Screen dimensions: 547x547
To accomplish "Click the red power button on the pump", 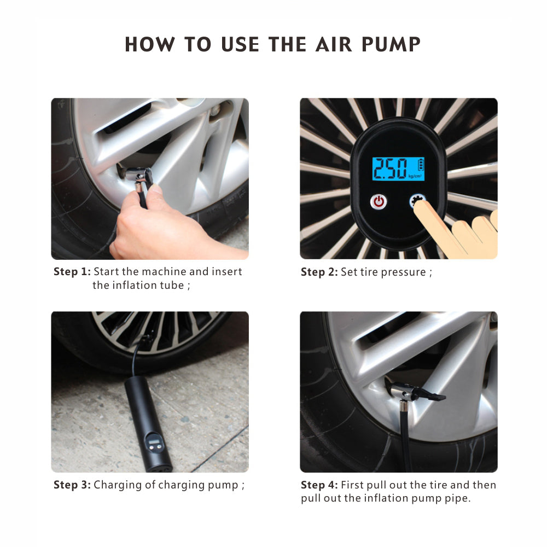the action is tap(379, 202).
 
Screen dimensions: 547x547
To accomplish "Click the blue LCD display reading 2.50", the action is tap(398, 169).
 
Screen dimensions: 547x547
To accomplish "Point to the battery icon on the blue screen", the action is tap(421, 164).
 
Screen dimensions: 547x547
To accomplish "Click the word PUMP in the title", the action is tap(391, 44).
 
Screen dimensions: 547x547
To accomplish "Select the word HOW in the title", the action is tap(150, 44).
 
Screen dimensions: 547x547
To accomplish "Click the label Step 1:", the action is tap(72, 271).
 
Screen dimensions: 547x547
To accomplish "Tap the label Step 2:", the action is tap(319, 272).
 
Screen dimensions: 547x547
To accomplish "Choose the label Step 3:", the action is tap(72, 485).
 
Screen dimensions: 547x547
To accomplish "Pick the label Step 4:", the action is tap(319, 485).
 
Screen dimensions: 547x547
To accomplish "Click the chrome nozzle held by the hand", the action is tap(139, 174).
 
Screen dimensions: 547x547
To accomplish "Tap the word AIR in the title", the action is tap(334, 44).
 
